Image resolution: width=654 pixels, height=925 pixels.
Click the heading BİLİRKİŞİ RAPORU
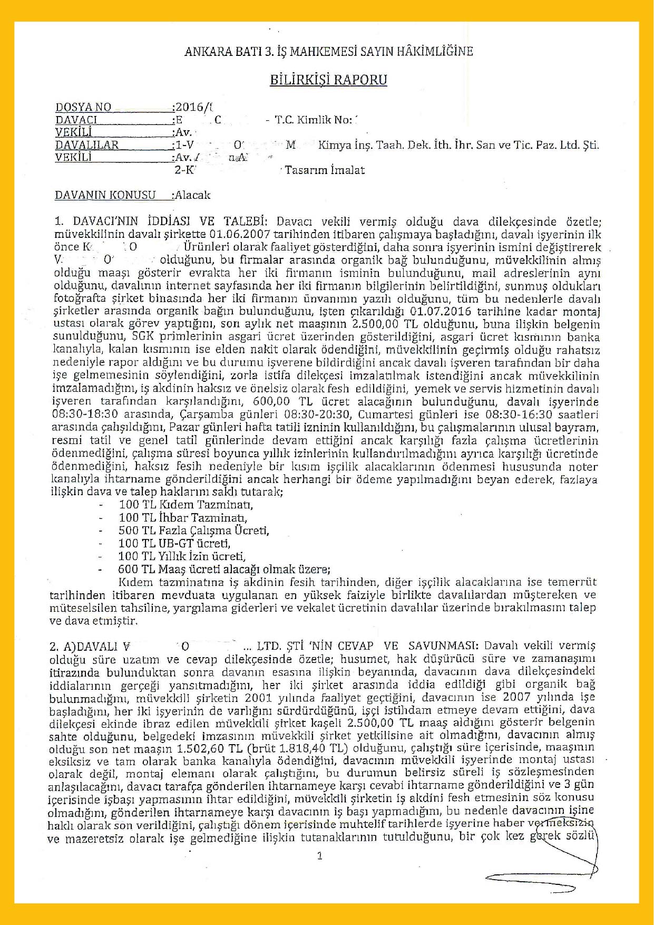coord(328,80)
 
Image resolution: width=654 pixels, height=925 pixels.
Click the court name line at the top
coord(328,51)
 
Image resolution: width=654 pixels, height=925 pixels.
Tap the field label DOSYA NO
coord(83,107)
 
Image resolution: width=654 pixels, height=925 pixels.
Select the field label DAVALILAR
coord(87,144)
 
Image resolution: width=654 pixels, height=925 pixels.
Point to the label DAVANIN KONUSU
coord(105,195)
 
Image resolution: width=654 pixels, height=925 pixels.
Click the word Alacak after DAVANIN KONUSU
coord(193,195)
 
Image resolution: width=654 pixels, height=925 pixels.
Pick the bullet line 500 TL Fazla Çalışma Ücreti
coord(193,531)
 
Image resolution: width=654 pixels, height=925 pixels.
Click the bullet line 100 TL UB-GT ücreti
coord(174,543)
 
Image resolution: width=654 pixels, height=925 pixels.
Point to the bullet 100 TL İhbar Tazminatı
coord(183,518)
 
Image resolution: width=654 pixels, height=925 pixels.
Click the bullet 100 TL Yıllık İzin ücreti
coord(182,556)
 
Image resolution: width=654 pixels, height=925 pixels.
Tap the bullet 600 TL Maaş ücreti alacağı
coord(224,570)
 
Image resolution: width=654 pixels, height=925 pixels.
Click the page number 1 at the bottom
coord(320,855)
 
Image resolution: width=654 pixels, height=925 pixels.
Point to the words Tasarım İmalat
coord(325,170)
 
